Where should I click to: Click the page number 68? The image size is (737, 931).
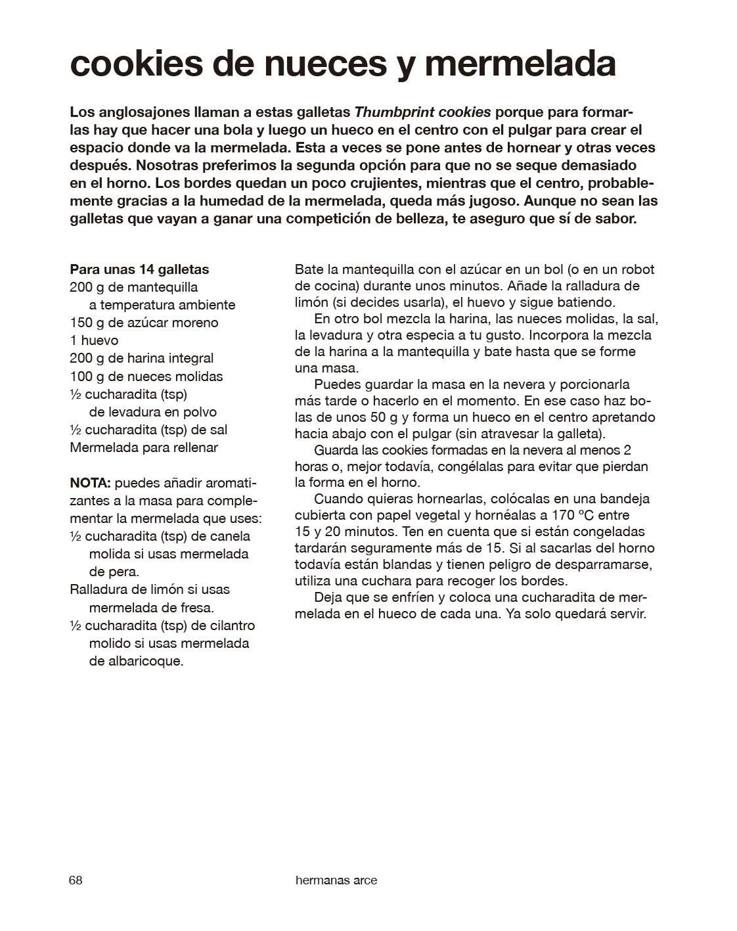(76, 880)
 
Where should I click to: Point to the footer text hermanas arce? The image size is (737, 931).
(336, 880)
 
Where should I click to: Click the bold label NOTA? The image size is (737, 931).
(90, 483)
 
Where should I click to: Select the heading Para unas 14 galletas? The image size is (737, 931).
(139, 269)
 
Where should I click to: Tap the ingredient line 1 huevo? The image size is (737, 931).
(94, 340)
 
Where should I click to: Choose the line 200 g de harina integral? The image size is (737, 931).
(141, 358)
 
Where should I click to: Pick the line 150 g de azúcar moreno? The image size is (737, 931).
(144, 323)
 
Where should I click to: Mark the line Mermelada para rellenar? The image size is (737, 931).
(143, 447)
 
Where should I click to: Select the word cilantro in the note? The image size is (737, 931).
(233, 625)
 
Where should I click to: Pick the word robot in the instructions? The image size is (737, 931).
(636, 269)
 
